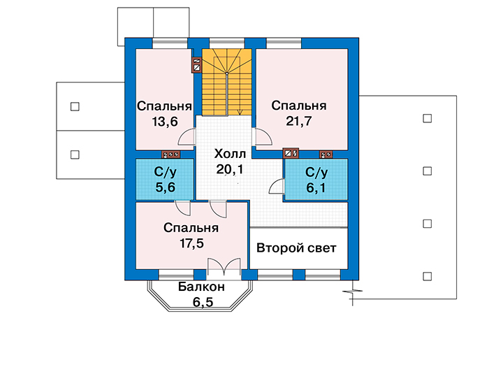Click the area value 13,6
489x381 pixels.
[x=165, y=122]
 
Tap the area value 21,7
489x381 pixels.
[x=299, y=121]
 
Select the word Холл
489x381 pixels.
[x=230, y=154]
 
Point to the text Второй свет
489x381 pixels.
[x=296, y=248]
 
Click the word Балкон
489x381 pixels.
[x=201, y=287]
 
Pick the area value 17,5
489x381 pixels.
[x=191, y=243]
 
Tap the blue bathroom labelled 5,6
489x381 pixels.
[x=165, y=180]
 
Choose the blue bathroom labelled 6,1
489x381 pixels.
[x=316, y=180]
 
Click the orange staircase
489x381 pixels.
[x=227, y=82]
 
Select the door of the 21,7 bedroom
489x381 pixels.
[x=263, y=137]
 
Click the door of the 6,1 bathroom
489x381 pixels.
[x=277, y=186]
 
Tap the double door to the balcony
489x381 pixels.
[x=224, y=268]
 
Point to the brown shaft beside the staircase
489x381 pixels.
[x=197, y=65]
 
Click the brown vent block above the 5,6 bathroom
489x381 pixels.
[x=171, y=154]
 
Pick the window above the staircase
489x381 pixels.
[x=227, y=43]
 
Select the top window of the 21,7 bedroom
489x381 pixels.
[x=284, y=43]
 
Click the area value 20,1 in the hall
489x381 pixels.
[x=230, y=169]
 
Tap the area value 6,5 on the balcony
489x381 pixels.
[x=203, y=302]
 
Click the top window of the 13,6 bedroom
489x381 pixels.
[x=170, y=43]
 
